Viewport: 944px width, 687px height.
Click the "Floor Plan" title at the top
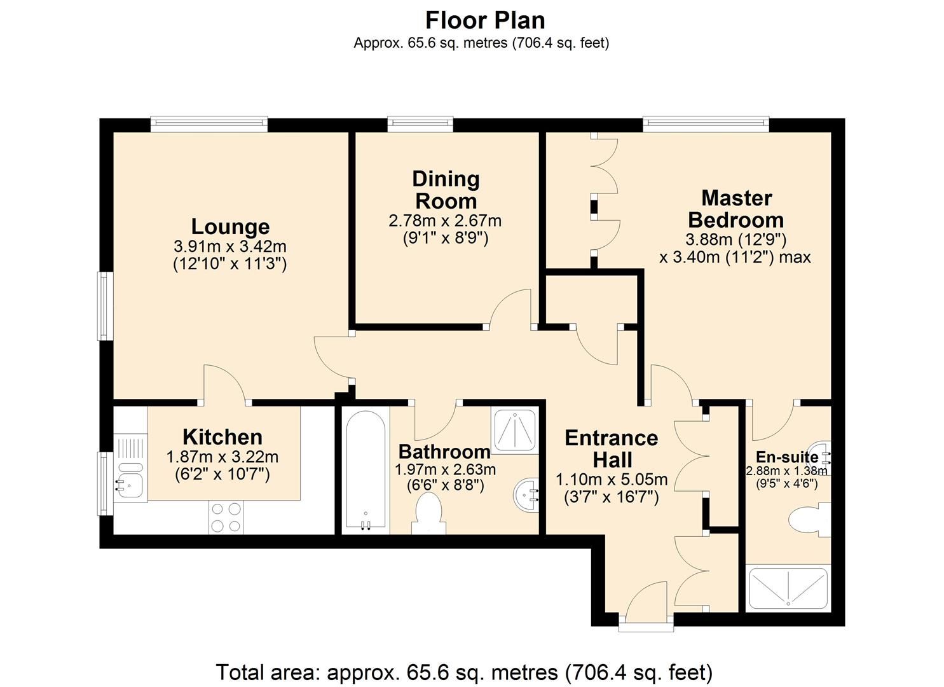[x=484, y=20]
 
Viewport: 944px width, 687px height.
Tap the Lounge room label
[x=230, y=226]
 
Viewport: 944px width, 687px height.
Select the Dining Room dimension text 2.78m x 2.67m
[x=445, y=221]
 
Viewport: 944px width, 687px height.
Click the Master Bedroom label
[x=736, y=209]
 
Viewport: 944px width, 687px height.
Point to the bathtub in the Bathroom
[x=365, y=469]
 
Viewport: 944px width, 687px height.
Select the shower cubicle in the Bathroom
[x=515, y=431]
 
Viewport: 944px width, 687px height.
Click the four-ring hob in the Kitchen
[x=226, y=517]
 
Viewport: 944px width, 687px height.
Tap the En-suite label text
[x=787, y=457]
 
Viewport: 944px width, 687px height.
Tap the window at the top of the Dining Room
[x=420, y=123]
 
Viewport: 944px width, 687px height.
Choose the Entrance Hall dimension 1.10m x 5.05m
[x=611, y=480]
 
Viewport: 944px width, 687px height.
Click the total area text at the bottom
[x=464, y=672]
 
